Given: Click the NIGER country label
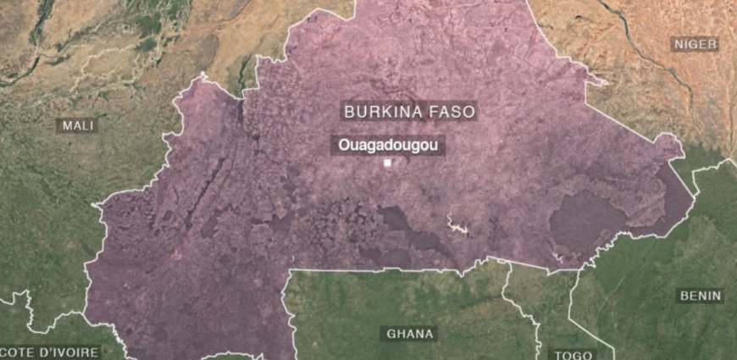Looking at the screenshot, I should [695, 44].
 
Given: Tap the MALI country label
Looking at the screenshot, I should [77, 125].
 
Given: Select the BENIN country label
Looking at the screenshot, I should [701, 296].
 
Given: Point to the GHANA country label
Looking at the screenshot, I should [410, 333].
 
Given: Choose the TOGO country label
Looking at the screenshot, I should [573, 354].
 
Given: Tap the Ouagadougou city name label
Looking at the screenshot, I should [388, 145].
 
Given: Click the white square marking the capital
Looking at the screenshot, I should [388, 163].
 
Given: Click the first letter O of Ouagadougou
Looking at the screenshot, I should [343, 145].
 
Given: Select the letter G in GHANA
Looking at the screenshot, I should [391, 333].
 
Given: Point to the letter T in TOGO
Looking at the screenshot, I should [557, 354].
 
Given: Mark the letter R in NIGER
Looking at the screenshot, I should [712, 44].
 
